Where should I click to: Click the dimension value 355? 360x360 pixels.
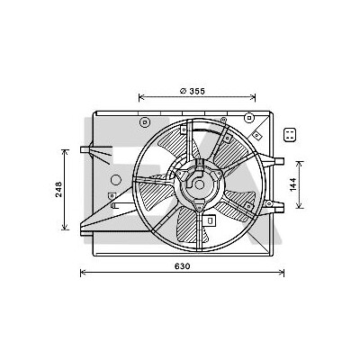pyautogui.click(x=197, y=91)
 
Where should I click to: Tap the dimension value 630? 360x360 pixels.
pyautogui.click(x=182, y=266)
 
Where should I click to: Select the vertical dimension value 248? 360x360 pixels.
pyautogui.click(x=58, y=189)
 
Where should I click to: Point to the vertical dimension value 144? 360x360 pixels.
pyautogui.click(x=292, y=184)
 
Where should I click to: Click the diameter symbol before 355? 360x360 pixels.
pyautogui.click(x=184, y=91)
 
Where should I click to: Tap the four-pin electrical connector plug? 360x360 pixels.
pyautogui.click(x=290, y=135)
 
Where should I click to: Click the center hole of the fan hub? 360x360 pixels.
pyautogui.click(x=199, y=184)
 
